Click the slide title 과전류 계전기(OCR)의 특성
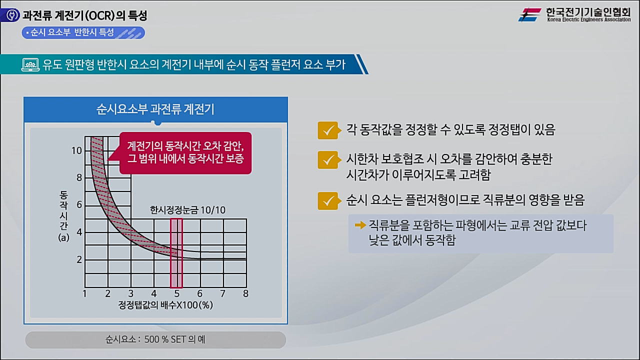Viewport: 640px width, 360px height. coord(85,15)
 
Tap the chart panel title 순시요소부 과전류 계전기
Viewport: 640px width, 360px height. coord(155,109)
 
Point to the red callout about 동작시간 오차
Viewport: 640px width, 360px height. coord(185,152)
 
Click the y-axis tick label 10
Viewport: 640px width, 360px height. coord(76,150)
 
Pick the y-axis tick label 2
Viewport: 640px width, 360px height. coord(79,259)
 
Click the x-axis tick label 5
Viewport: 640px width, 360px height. coord(176,293)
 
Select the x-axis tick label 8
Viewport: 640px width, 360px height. coord(245,293)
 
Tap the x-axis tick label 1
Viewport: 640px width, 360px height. coord(85,293)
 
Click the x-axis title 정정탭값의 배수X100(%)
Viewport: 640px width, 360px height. coord(165,305)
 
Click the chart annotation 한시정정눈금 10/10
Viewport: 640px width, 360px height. coord(188,210)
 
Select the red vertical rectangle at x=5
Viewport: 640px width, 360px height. coord(176,253)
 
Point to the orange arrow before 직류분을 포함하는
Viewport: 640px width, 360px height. coord(360,225)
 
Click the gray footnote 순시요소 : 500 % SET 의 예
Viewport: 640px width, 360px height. coord(155,339)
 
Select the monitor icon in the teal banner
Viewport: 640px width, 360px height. coord(30,64)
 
